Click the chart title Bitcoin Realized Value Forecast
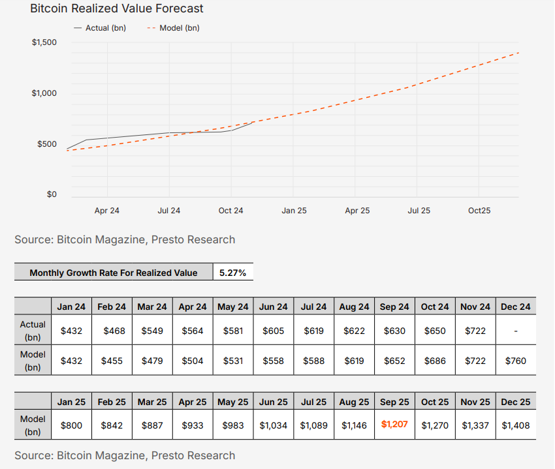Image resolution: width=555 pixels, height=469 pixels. pos(117,9)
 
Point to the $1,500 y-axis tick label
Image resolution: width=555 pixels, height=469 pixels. pos(44,43)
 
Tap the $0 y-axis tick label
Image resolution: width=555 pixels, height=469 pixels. pos(51,194)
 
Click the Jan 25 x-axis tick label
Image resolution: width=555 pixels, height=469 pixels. pos(294,211)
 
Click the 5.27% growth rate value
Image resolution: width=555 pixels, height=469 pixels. pos(233,273)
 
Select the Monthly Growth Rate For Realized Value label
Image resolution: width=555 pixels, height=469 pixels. pos(114,273)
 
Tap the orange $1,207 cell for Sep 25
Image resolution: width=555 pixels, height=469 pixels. pos(394,425)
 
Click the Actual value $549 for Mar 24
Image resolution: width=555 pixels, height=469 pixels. pos(153,331)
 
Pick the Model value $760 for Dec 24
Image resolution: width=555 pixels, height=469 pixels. pos(516,361)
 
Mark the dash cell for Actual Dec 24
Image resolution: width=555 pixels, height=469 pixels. pos(516,331)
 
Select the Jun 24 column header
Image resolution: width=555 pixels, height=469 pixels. pos(274,307)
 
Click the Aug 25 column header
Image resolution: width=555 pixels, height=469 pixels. pos(355,402)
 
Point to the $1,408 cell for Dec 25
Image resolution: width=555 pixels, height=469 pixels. pos(516,425)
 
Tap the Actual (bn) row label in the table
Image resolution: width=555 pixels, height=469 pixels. pos(33,330)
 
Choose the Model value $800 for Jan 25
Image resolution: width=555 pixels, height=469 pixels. pos(72,425)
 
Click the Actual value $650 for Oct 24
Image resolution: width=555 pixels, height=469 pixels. pos(435,331)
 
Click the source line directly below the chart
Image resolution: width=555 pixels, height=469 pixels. pos(125,239)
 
